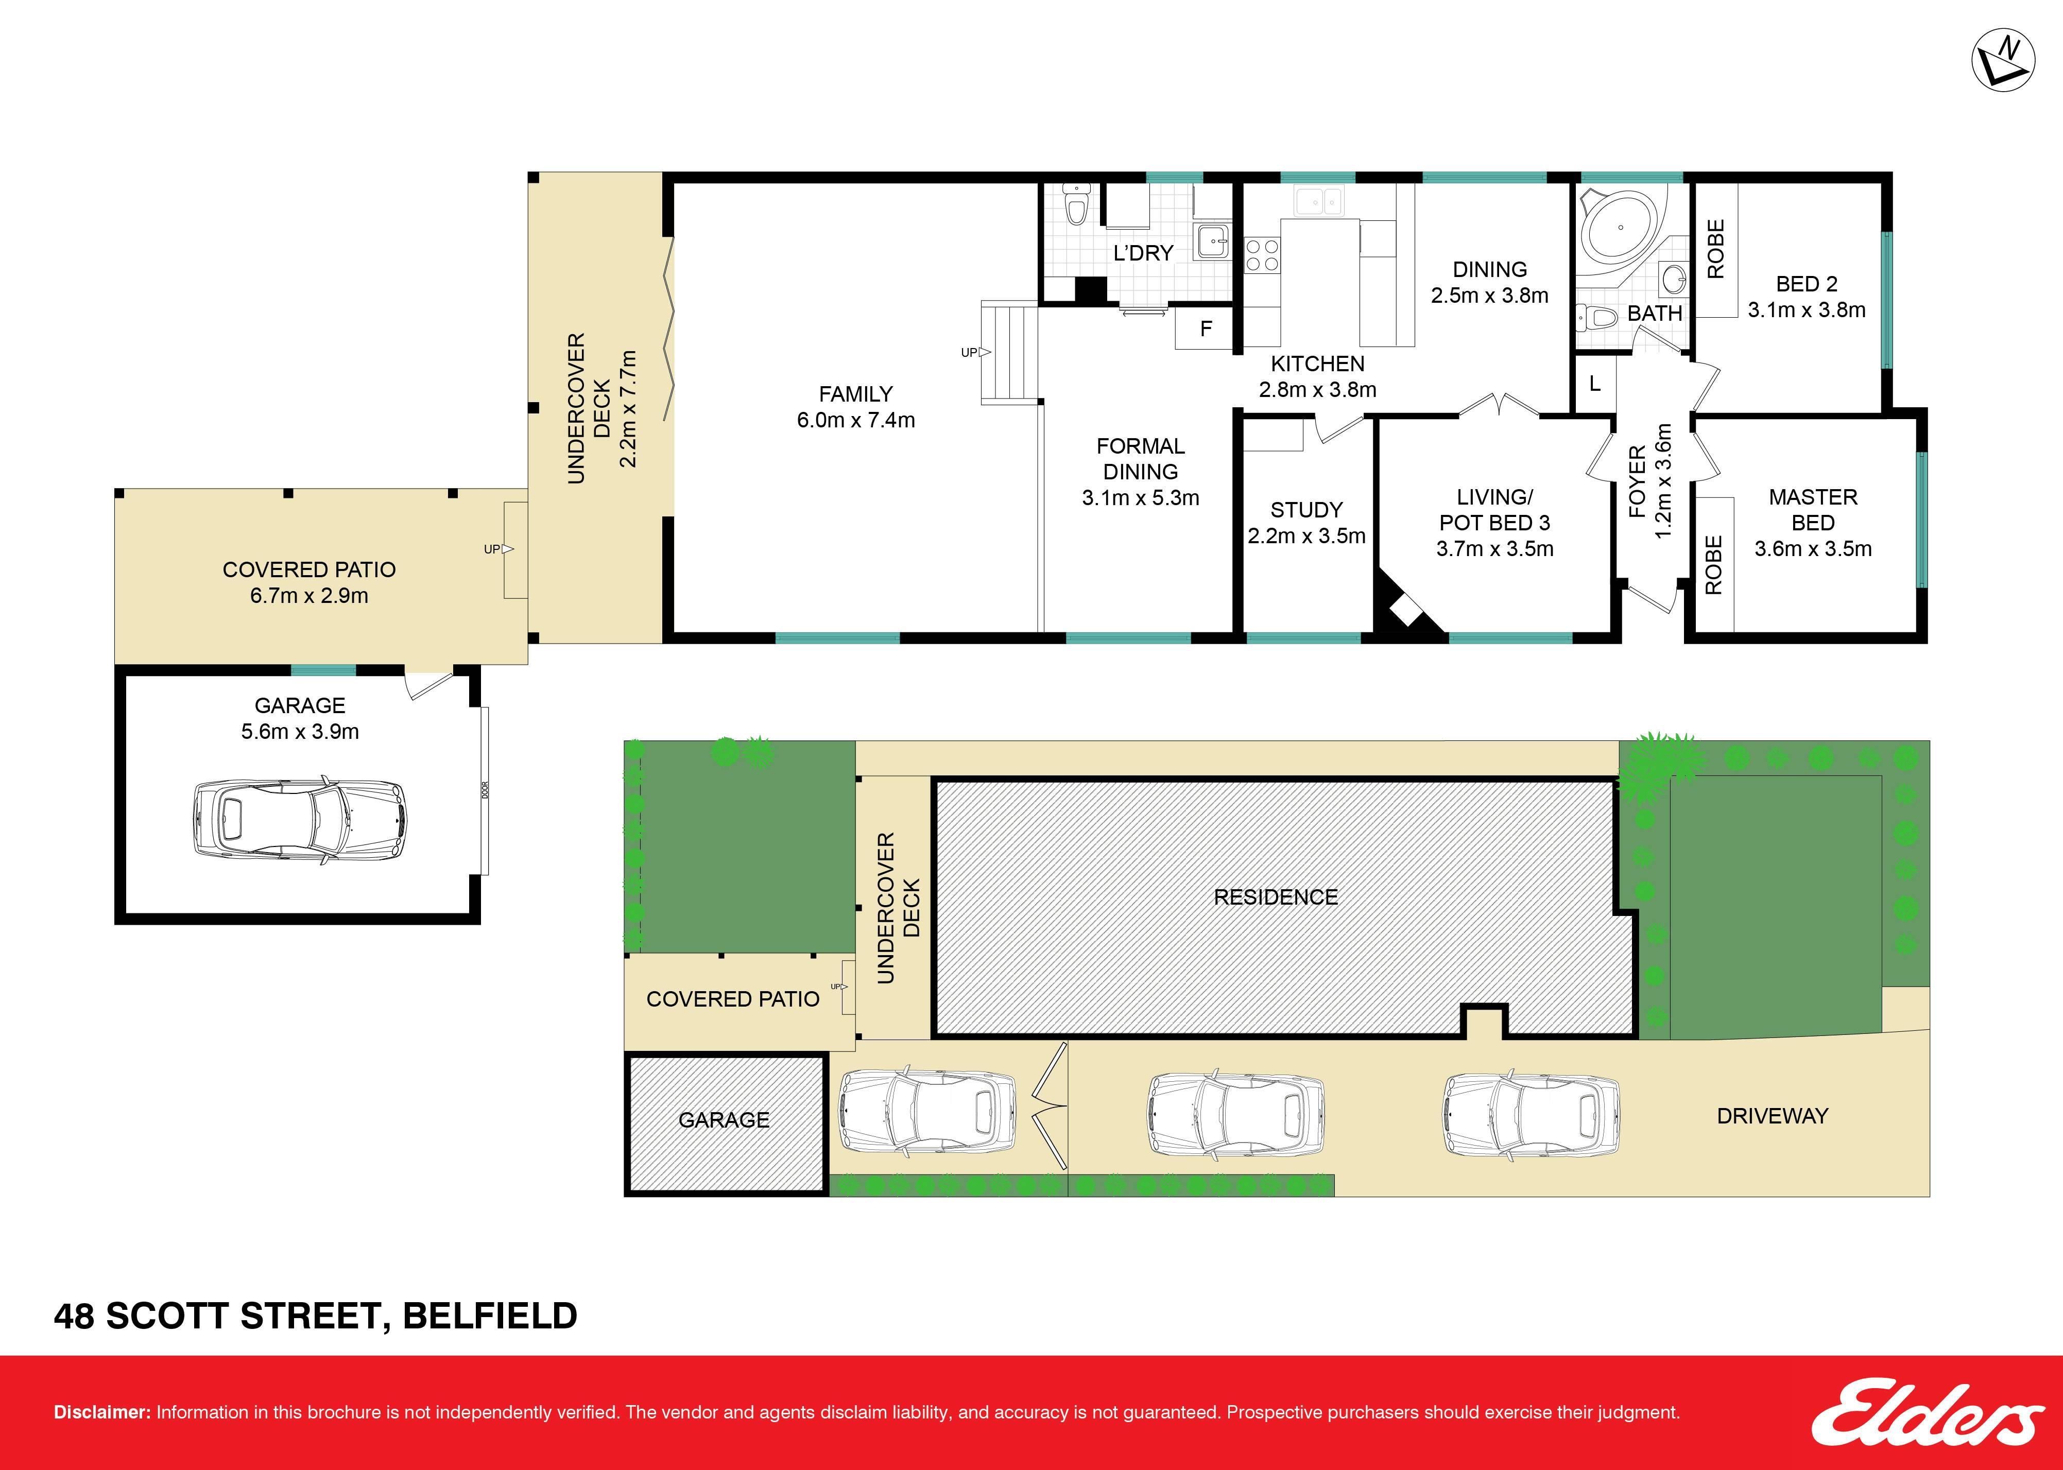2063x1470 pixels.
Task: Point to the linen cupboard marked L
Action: pos(1594,384)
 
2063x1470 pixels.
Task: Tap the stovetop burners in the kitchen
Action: pos(1262,254)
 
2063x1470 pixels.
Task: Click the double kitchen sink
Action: pos(1319,201)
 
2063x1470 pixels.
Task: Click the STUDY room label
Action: pos(1306,510)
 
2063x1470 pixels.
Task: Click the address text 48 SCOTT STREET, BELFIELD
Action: pos(315,1316)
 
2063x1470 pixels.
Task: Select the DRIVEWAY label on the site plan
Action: pos(1773,1116)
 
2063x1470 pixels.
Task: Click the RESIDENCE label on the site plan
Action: pos(1276,897)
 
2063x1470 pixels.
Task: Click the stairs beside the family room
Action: pos(1009,353)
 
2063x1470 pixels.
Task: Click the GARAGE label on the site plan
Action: pos(724,1120)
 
